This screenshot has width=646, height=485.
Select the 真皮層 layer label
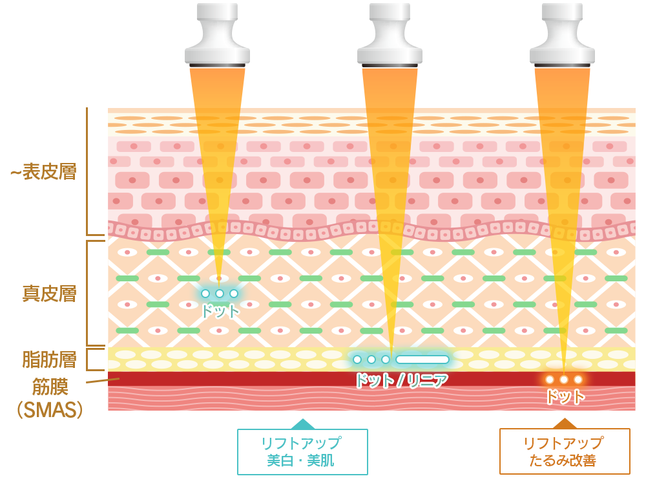[50, 294]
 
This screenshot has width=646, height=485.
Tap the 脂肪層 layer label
[50, 359]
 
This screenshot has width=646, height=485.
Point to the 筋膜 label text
[50, 387]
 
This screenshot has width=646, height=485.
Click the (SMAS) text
[50, 409]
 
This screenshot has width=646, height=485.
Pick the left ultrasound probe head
[217, 35]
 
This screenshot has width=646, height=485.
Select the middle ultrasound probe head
[390, 35]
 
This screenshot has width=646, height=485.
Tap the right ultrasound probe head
[563, 35]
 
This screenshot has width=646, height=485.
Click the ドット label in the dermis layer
[220, 311]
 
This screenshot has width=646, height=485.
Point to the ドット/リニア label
[401, 380]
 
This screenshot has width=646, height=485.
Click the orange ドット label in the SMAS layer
[565, 397]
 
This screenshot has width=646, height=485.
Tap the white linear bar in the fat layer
[422, 360]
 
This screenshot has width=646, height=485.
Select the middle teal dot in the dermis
[220, 294]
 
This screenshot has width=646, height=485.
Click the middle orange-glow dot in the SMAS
[563, 380]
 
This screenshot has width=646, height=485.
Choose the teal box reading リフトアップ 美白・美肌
[302, 451]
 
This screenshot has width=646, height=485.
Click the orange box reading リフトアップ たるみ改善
[565, 451]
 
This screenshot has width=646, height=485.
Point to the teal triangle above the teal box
[303, 424]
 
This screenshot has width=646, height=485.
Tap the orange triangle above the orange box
[565, 424]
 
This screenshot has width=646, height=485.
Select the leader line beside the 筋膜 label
[103, 380]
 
